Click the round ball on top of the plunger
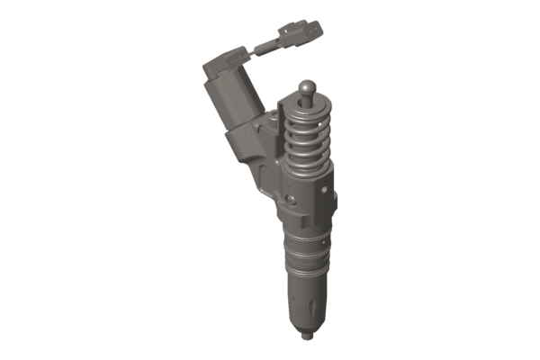[308, 89]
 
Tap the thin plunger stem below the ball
[308, 106]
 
